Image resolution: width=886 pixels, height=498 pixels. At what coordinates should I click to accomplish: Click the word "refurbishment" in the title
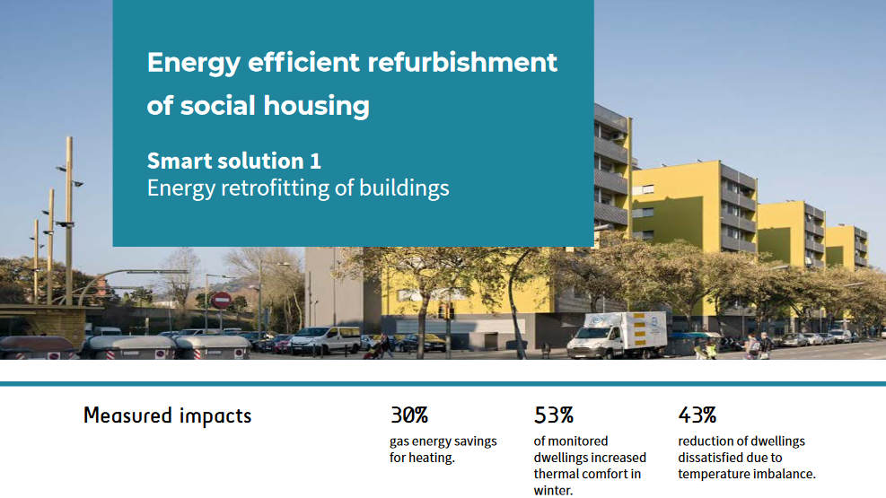tap(462, 62)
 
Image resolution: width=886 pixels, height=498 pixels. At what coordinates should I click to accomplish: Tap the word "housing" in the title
tap(316, 106)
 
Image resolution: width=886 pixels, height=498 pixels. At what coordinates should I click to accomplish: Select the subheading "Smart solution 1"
tap(234, 161)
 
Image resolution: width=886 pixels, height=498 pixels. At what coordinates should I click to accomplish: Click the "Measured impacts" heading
tap(167, 416)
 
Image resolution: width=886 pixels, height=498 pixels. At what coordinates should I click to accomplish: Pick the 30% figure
tap(409, 415)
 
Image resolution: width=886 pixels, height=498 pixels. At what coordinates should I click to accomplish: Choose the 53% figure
tap(554, 415)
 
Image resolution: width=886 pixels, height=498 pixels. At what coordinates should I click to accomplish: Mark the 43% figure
tap(697, 415)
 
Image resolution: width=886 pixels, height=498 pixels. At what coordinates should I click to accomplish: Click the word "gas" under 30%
tap(399, 442)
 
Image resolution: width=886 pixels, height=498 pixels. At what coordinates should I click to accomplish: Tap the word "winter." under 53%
tap(553, 490)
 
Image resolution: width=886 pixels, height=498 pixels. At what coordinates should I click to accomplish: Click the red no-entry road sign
tap(221, 300)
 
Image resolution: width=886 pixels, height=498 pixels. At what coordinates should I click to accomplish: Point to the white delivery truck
tap(617, 335)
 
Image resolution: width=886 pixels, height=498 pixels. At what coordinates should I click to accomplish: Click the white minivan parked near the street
tap(325, 340)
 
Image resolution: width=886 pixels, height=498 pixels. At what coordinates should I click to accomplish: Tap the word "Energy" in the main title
tap(194, 63)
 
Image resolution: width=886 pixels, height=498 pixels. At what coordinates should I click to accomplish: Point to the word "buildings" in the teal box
tap(404, 188)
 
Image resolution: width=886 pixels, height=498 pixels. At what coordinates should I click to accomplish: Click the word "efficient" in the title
tap(304, 62)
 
